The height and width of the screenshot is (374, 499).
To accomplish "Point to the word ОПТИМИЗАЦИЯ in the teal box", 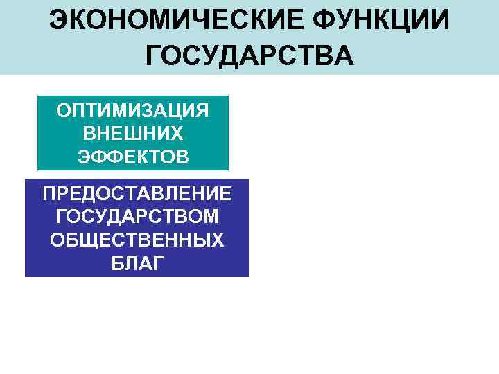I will pyautogui.click(x=133, y=111).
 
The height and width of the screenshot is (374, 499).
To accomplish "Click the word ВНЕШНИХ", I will pyautogui.click(x=133, y=133).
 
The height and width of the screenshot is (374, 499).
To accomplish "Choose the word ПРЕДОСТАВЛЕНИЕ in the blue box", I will pyautogui.click(x=137, y=195).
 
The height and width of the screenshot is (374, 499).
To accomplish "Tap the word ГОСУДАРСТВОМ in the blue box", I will pyautogui.click(x=137, y=217).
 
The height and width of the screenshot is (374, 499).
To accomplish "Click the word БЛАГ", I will pyautogui.click(x=137, y=263).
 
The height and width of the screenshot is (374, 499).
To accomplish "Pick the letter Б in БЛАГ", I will pyautogui.click(x=115, y=263).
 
